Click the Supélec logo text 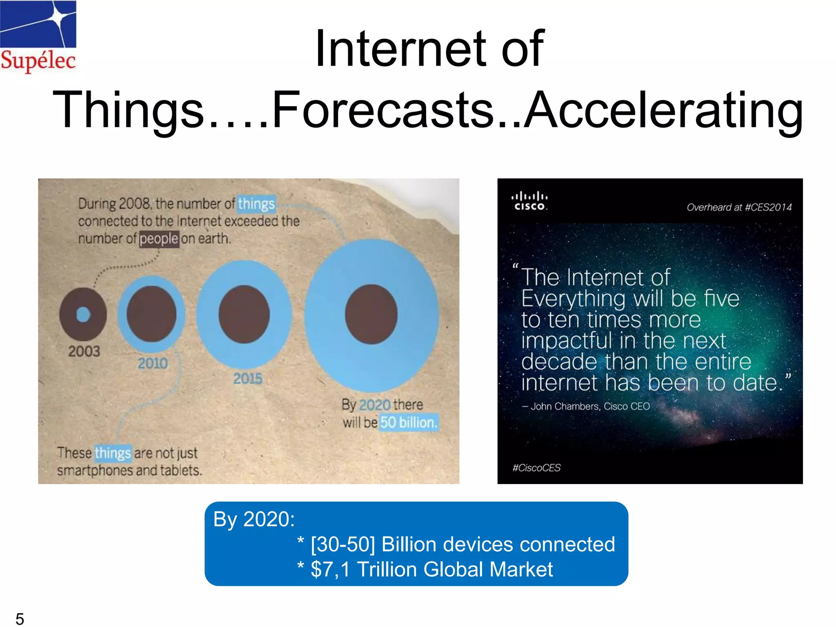(38, 60)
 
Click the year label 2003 (84, 351)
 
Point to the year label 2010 (152, 363)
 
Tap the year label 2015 (248, 378)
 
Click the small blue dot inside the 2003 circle (83, 314)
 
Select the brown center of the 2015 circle (244, 314)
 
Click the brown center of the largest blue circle (371, 314)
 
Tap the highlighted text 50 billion (409, 422)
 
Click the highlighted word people (159, 238)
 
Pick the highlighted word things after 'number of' (256, 203)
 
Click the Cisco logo (529, 201)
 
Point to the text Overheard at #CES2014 (739, 207)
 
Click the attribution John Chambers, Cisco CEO (586, 406)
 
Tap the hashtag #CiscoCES (536, 468)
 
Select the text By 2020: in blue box (253, 519)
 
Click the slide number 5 (20, 618)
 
